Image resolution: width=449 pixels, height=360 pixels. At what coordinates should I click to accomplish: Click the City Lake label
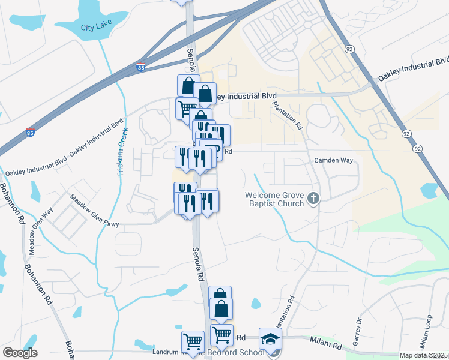coord(96,28)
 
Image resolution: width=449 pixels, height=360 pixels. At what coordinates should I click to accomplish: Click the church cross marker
coord(312,198)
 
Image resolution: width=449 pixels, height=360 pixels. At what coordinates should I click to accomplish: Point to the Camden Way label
coord(331,161)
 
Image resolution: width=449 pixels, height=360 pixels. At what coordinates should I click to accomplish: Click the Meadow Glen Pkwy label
coord(94,210)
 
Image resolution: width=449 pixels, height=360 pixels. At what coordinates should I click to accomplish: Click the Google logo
coord(20,353)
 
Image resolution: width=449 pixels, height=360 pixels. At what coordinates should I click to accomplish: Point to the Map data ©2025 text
coord(424,356)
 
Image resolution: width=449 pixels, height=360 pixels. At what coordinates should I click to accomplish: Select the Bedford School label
coord(240,352)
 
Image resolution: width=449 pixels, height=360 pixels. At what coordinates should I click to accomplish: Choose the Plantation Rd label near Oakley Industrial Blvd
coord(286,114)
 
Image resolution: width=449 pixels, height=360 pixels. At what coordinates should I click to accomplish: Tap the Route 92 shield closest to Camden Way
coord(418,148)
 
